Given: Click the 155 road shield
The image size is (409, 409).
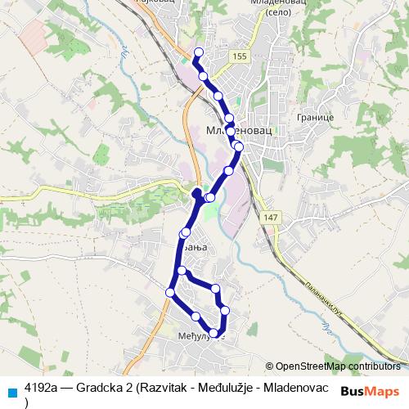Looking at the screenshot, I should (x=238, y=55).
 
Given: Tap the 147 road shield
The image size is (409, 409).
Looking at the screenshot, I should (x=271, y=217).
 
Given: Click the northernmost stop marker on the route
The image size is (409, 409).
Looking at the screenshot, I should (x=197, y=54).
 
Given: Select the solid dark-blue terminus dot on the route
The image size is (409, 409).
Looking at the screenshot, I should (x=196, y=193).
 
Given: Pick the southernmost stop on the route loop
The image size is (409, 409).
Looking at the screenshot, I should (x=214, y=333).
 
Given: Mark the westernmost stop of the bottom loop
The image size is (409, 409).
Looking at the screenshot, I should (x=170, y=292).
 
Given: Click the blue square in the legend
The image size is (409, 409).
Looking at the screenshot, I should (x=11, y=390).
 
